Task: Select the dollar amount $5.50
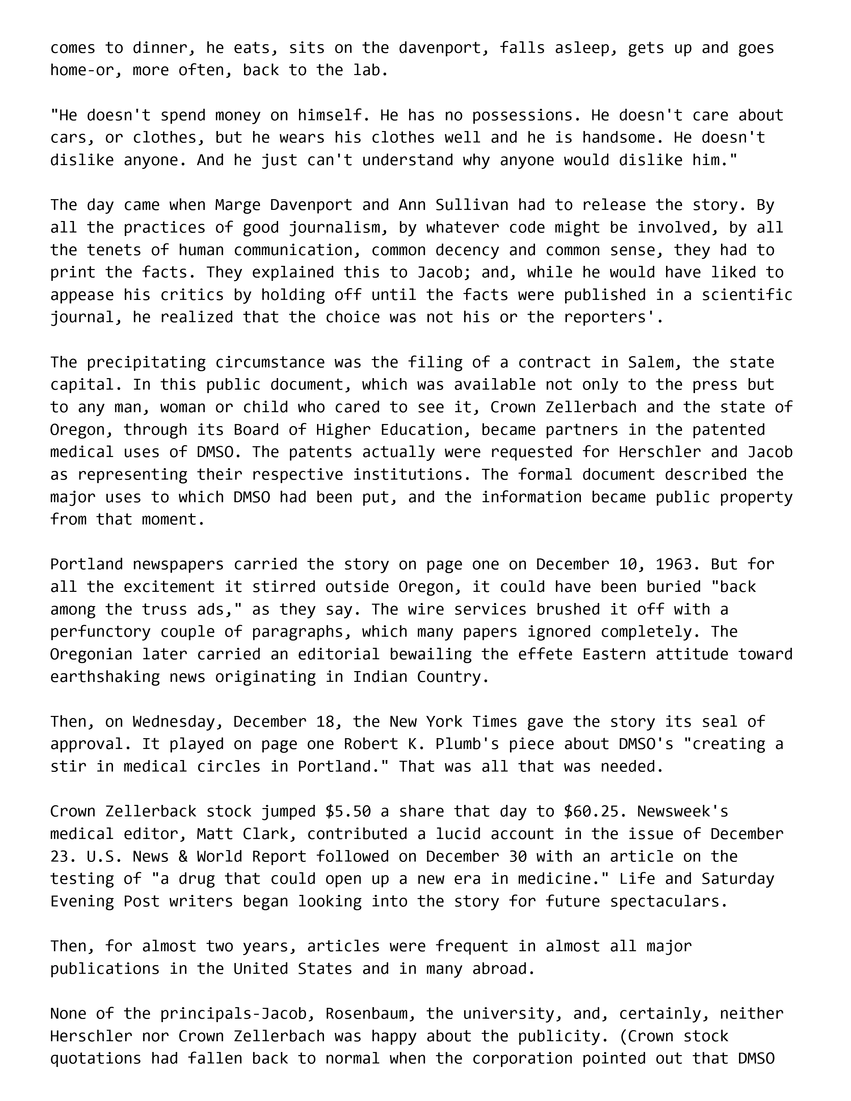point(348,812)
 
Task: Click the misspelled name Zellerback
point(151,812)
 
